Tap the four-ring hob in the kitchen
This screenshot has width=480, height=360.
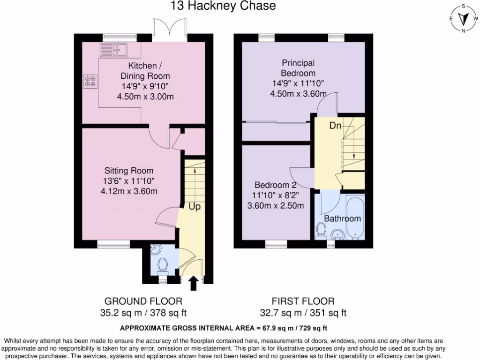click(x=90, y=82)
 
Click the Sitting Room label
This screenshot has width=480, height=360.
click(x=129, y=171)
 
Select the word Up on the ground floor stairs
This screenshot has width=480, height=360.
click(x=195, y=206)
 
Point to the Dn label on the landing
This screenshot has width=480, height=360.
click(x=335, y=126)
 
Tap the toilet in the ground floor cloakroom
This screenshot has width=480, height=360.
click(x=163, y=265)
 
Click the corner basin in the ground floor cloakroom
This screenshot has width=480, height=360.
click(x=156, y=251)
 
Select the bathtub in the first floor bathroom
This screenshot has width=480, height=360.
click(x=355, y=218)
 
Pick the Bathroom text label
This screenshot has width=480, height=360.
click(x=343, y=218)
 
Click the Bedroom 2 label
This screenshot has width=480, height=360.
click(x=276, y=185)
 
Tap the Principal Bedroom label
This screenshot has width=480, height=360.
click(x=298, y=68)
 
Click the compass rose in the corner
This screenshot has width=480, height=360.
click(x=463, y=19)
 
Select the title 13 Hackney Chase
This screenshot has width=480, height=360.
click(x=223, y=6)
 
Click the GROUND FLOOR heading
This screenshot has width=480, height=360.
click(x=143, y=301)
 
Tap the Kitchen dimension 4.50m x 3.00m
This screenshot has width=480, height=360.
click(x=145, y=97)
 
